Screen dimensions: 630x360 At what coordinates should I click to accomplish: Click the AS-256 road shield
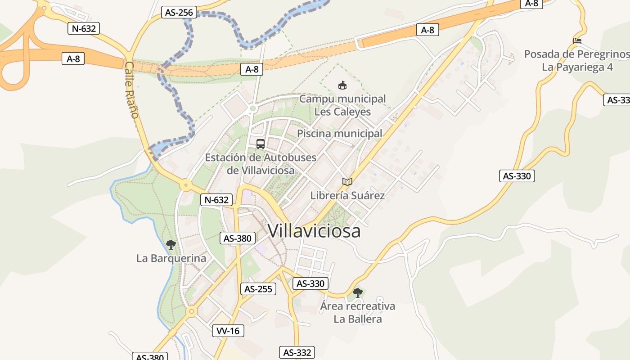click(x=179, y=13)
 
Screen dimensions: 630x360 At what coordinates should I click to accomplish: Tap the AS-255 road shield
click(x=258, y=289)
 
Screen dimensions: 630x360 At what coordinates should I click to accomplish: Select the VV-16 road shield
click(x=228, y=331)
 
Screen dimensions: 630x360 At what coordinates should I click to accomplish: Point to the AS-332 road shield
click(x=297, y=352)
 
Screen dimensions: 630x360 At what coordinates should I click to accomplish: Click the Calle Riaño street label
click(x=131, y=90)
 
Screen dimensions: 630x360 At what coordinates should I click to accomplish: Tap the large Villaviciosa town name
click(x=314, y=231)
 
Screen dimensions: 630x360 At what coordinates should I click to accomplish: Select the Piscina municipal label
click(x=339, y=134)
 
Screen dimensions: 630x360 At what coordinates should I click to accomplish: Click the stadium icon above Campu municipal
click(x=342, y=85)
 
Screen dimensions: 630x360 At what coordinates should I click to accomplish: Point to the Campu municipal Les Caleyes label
click(x=342, y=105)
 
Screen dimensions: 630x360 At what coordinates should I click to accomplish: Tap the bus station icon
click(x=261, y=144)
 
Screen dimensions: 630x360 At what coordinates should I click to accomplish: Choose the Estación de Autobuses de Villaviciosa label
click(x=261, y=164)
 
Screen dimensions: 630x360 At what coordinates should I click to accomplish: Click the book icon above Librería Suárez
click(x=347, y=182)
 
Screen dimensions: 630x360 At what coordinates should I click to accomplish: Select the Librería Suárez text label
click(x=347, y=195)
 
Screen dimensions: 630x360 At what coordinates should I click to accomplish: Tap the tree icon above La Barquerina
click(x=171, y=245)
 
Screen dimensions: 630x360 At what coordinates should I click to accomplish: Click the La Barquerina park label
click(x=171, y=258)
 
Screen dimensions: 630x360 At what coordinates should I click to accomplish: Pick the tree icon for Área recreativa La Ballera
click(x=358, y=293)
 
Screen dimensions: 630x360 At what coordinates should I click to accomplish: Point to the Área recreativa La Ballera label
click(x=358, y=312)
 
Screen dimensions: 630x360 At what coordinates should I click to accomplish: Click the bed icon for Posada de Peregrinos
click(x=577, y=40)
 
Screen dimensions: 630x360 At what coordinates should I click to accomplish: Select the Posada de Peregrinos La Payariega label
click(x=577, y=60)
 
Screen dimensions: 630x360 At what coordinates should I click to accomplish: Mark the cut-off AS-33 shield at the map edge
click(x=617, y=100)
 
